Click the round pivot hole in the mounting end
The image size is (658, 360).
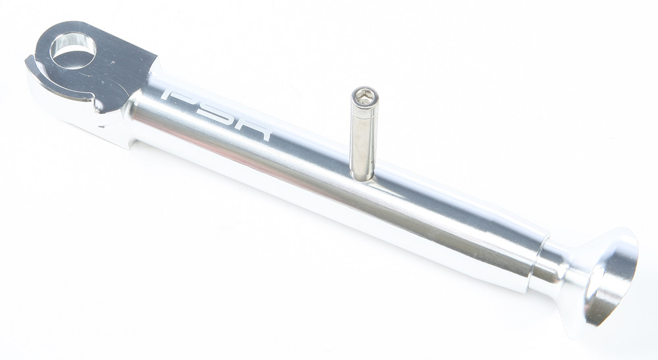click(x=72, y=51)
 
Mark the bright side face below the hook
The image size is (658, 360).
click(x=66, y=112)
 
